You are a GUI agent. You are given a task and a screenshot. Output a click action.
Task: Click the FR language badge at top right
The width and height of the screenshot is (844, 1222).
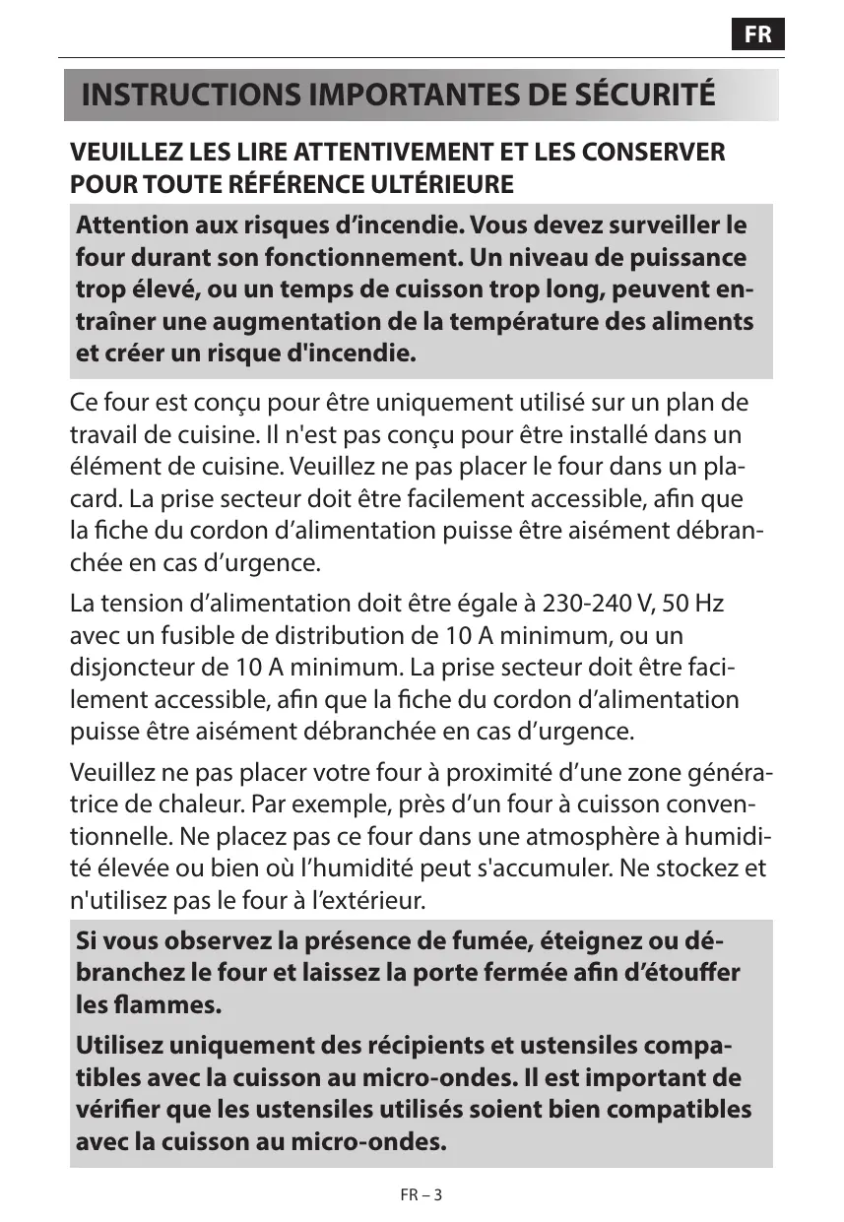[x=757, y=35]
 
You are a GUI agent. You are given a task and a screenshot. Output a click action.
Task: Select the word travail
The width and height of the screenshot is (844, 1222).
[x=102, y=435]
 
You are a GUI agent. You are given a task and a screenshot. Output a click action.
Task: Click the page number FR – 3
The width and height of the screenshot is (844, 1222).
[x=422, y=1194]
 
